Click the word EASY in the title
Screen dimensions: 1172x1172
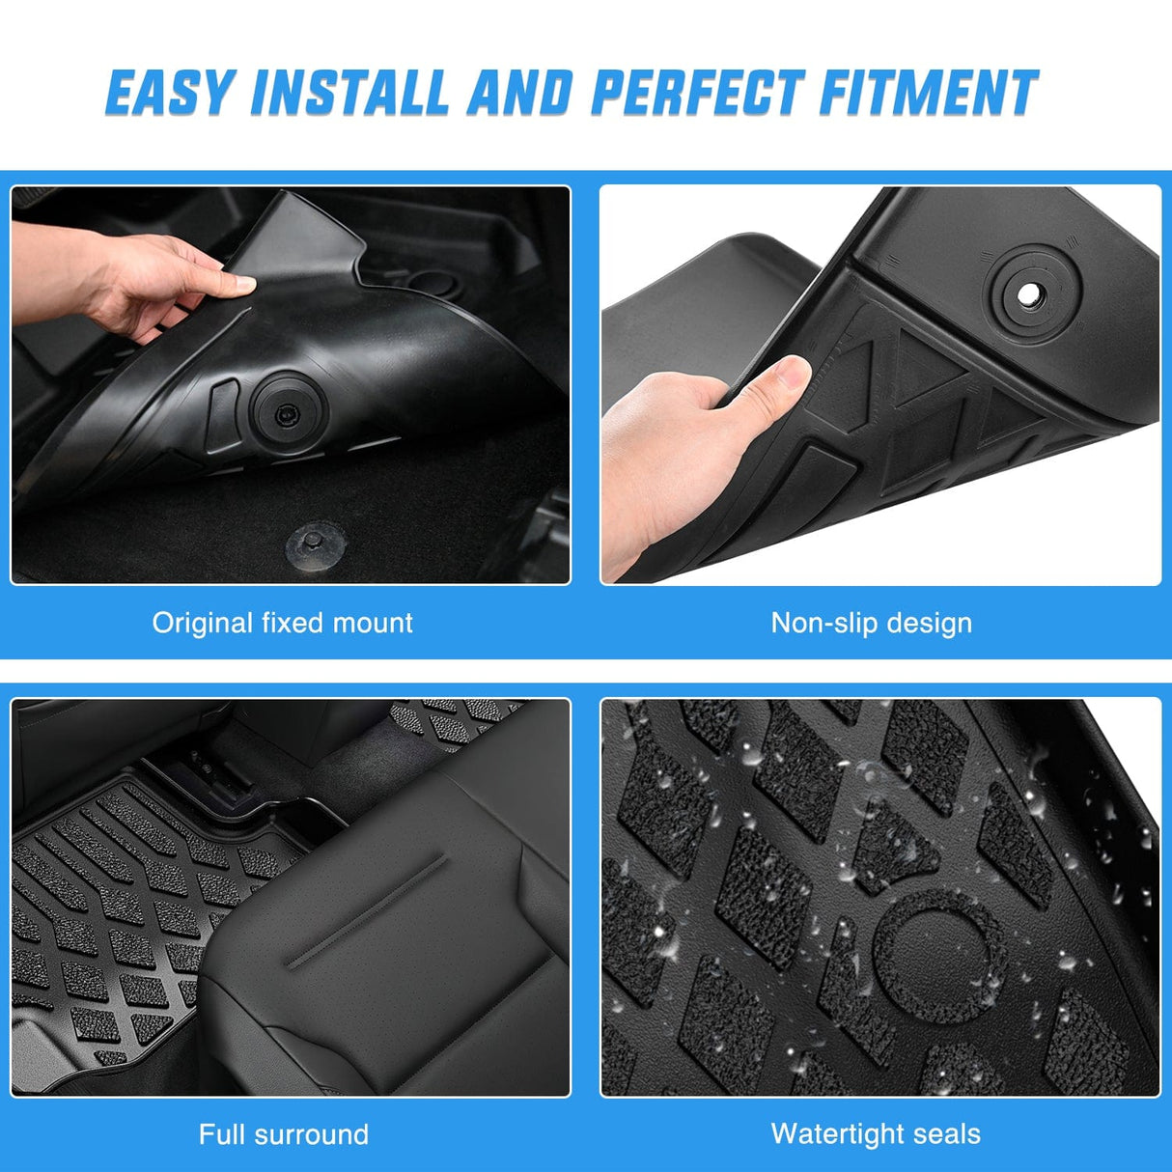tap(170, 94)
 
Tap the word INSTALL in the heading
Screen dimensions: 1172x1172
tap(349, 94)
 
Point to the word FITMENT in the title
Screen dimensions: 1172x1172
tap(929, 94)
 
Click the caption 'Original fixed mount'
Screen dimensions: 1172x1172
tap(282, 623)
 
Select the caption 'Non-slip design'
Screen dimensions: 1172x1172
tap(871, 623)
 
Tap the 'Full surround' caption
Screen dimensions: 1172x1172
tap(283, 1133)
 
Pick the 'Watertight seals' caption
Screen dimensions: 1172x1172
tap(876, 1133)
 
